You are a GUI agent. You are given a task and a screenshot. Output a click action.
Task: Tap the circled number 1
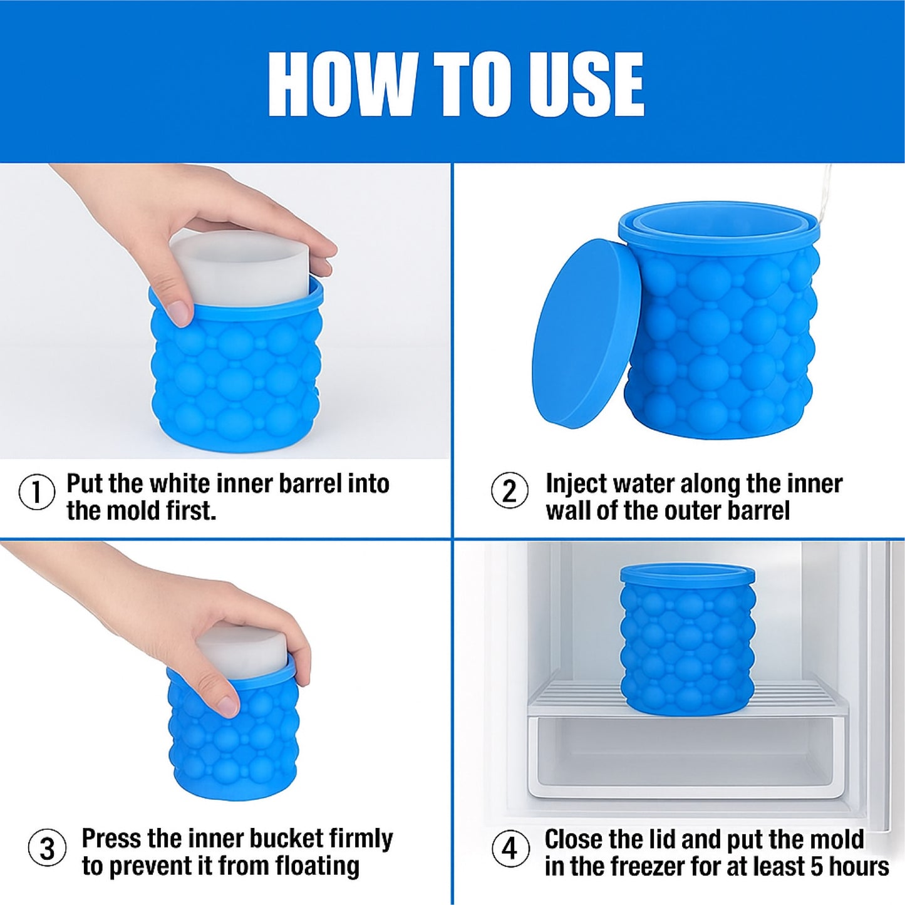tap(36, 493)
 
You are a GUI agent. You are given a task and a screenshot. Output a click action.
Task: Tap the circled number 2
tap(509, 491)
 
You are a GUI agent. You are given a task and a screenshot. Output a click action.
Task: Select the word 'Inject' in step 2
tap(576, 484)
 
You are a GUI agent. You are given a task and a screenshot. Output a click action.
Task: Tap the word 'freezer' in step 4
tap(640, 867)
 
